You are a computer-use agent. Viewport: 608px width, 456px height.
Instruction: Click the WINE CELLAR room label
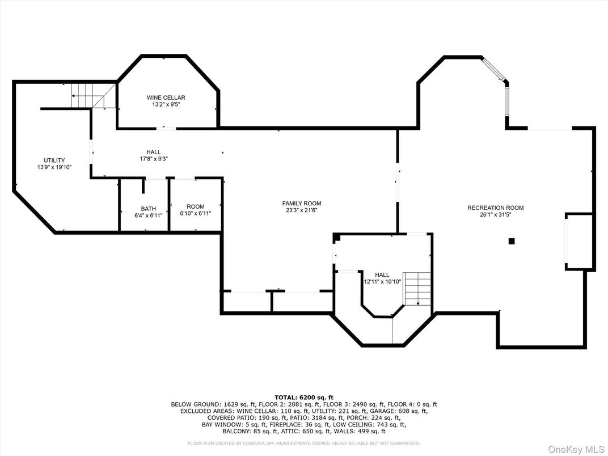click(166, 98)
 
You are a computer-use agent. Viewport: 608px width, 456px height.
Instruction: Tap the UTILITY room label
click(54, 161)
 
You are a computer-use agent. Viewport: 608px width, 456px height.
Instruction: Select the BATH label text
click(149, 209)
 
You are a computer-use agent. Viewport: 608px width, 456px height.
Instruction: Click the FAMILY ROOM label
click(302, 203)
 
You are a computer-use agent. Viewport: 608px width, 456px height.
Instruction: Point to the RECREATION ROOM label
click(495, 208)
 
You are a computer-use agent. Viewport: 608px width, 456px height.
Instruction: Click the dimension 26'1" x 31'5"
click(495, 215)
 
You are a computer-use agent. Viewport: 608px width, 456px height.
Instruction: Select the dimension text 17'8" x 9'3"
click(154, 159)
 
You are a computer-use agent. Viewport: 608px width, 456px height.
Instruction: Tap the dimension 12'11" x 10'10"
click(382, 281)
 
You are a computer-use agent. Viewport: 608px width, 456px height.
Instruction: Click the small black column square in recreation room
click(512, 241)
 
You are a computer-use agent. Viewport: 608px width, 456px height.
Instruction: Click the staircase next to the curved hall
click(417, 288)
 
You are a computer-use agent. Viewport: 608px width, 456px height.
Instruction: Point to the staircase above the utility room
click(85, 95)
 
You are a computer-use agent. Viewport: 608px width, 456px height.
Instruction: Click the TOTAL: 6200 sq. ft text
click(304, 398)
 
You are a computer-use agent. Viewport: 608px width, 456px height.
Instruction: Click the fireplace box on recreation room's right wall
click(579, 241)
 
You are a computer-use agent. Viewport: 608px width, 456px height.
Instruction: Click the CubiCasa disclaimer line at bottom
click(304, 443)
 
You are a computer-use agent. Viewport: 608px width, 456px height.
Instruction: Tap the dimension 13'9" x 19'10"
click(54, 167)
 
